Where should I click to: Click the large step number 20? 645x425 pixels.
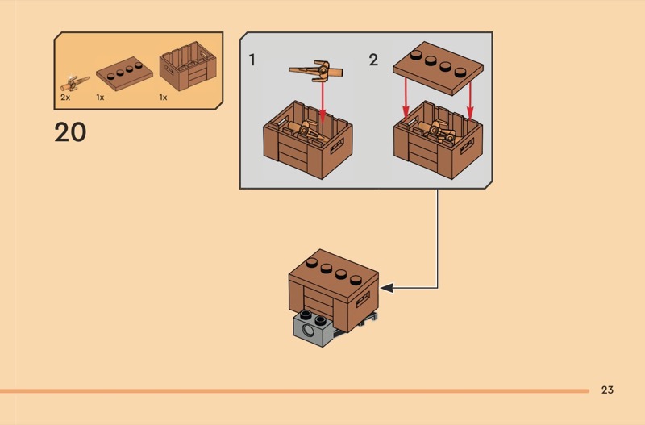[x=70, y=132]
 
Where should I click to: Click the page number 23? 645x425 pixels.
[x=607, y=390]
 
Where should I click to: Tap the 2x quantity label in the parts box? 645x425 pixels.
[x=65, y=97]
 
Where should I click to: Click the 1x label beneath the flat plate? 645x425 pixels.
[x=100, y=97]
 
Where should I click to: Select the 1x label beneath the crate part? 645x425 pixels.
[x=163, y=97]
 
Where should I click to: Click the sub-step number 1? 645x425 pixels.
[x=253, y=60]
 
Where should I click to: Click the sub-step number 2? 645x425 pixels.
[x=373, y=60]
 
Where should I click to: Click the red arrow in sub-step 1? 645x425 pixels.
[x=322, y=101]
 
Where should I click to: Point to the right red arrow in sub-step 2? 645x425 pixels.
[x=470, y=102]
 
